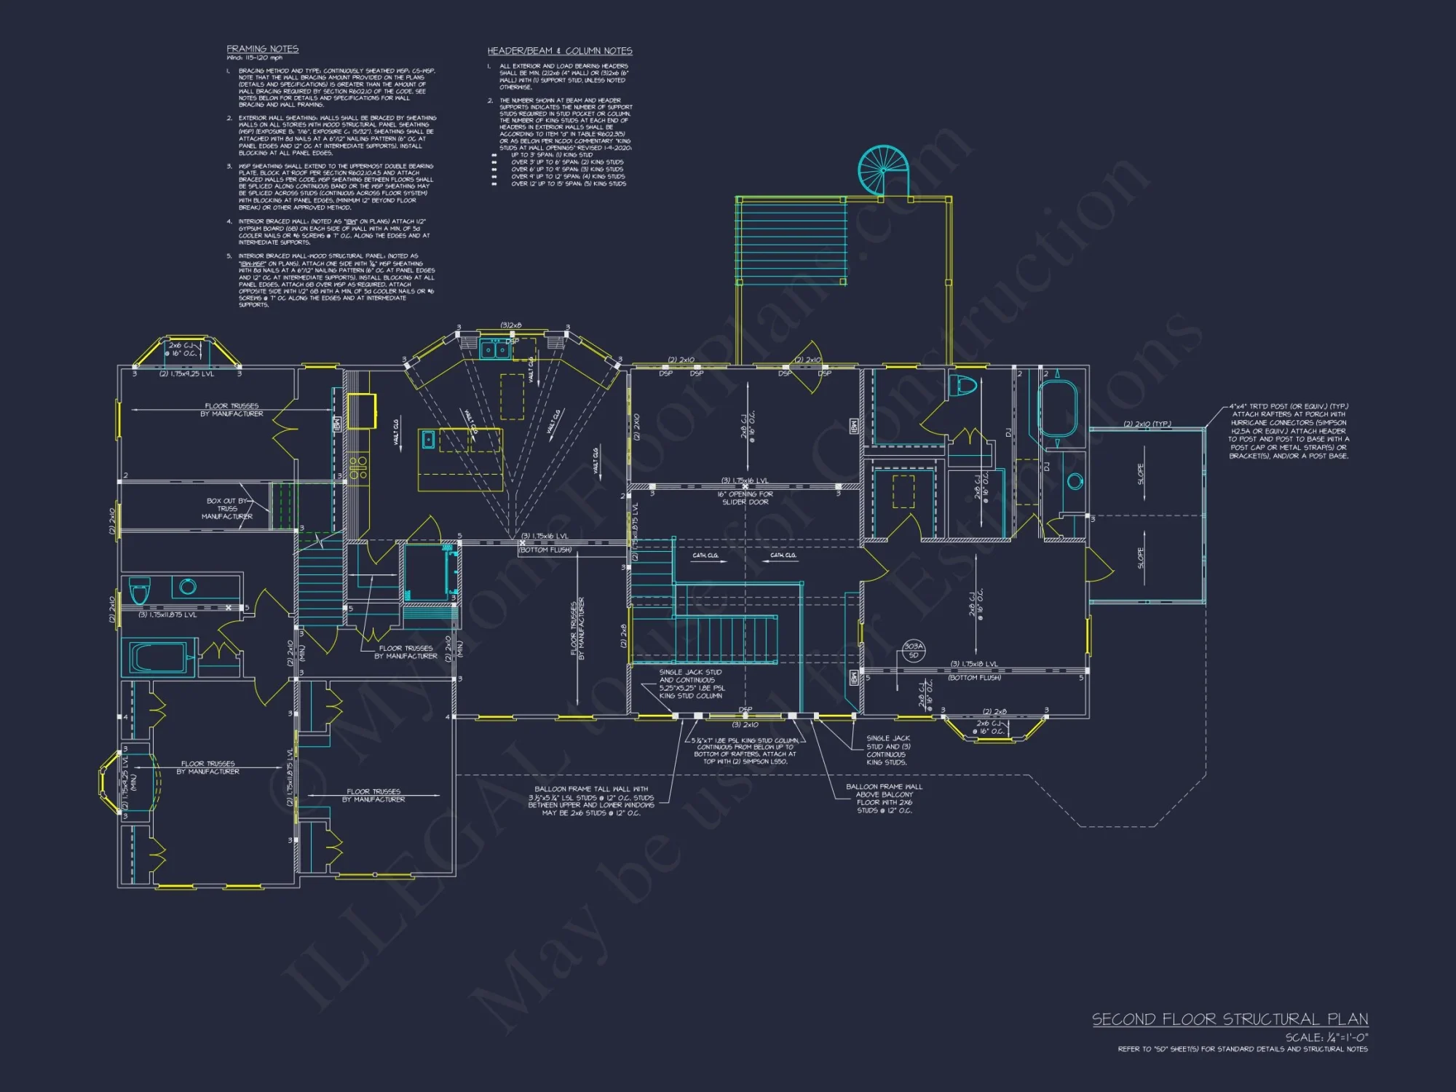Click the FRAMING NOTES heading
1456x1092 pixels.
[x=262, y=49]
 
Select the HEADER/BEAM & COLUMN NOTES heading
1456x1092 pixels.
[x=559, y=51]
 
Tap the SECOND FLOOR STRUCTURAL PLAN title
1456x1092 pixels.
[x=1230, y=1019]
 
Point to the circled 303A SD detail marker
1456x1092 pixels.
[x=913, y=650]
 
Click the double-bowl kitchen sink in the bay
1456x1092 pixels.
[x=494, y=350]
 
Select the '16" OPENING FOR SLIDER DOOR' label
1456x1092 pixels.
[x=745, y=498]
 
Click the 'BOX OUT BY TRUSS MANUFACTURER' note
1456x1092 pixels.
[x=229, y=508]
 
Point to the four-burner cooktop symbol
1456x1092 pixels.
[x=357, y=467]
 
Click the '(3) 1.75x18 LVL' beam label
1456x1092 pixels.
[x=974, y=664]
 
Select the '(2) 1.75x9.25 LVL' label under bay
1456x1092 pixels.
[x=186, y=373]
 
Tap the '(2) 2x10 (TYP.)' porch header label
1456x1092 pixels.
[x=1147, y=424]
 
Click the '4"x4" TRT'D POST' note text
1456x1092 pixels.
[x=1289, y=431]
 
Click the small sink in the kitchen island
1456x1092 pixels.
[x=429, y=439]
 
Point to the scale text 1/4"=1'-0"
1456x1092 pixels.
[x=1326, y=1037]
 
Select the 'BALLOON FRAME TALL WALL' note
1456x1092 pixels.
[x=591, y=801]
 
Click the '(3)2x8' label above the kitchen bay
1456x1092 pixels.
[x=511, y=325]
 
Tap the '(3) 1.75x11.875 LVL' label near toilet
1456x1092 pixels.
[x=167, y=615]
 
